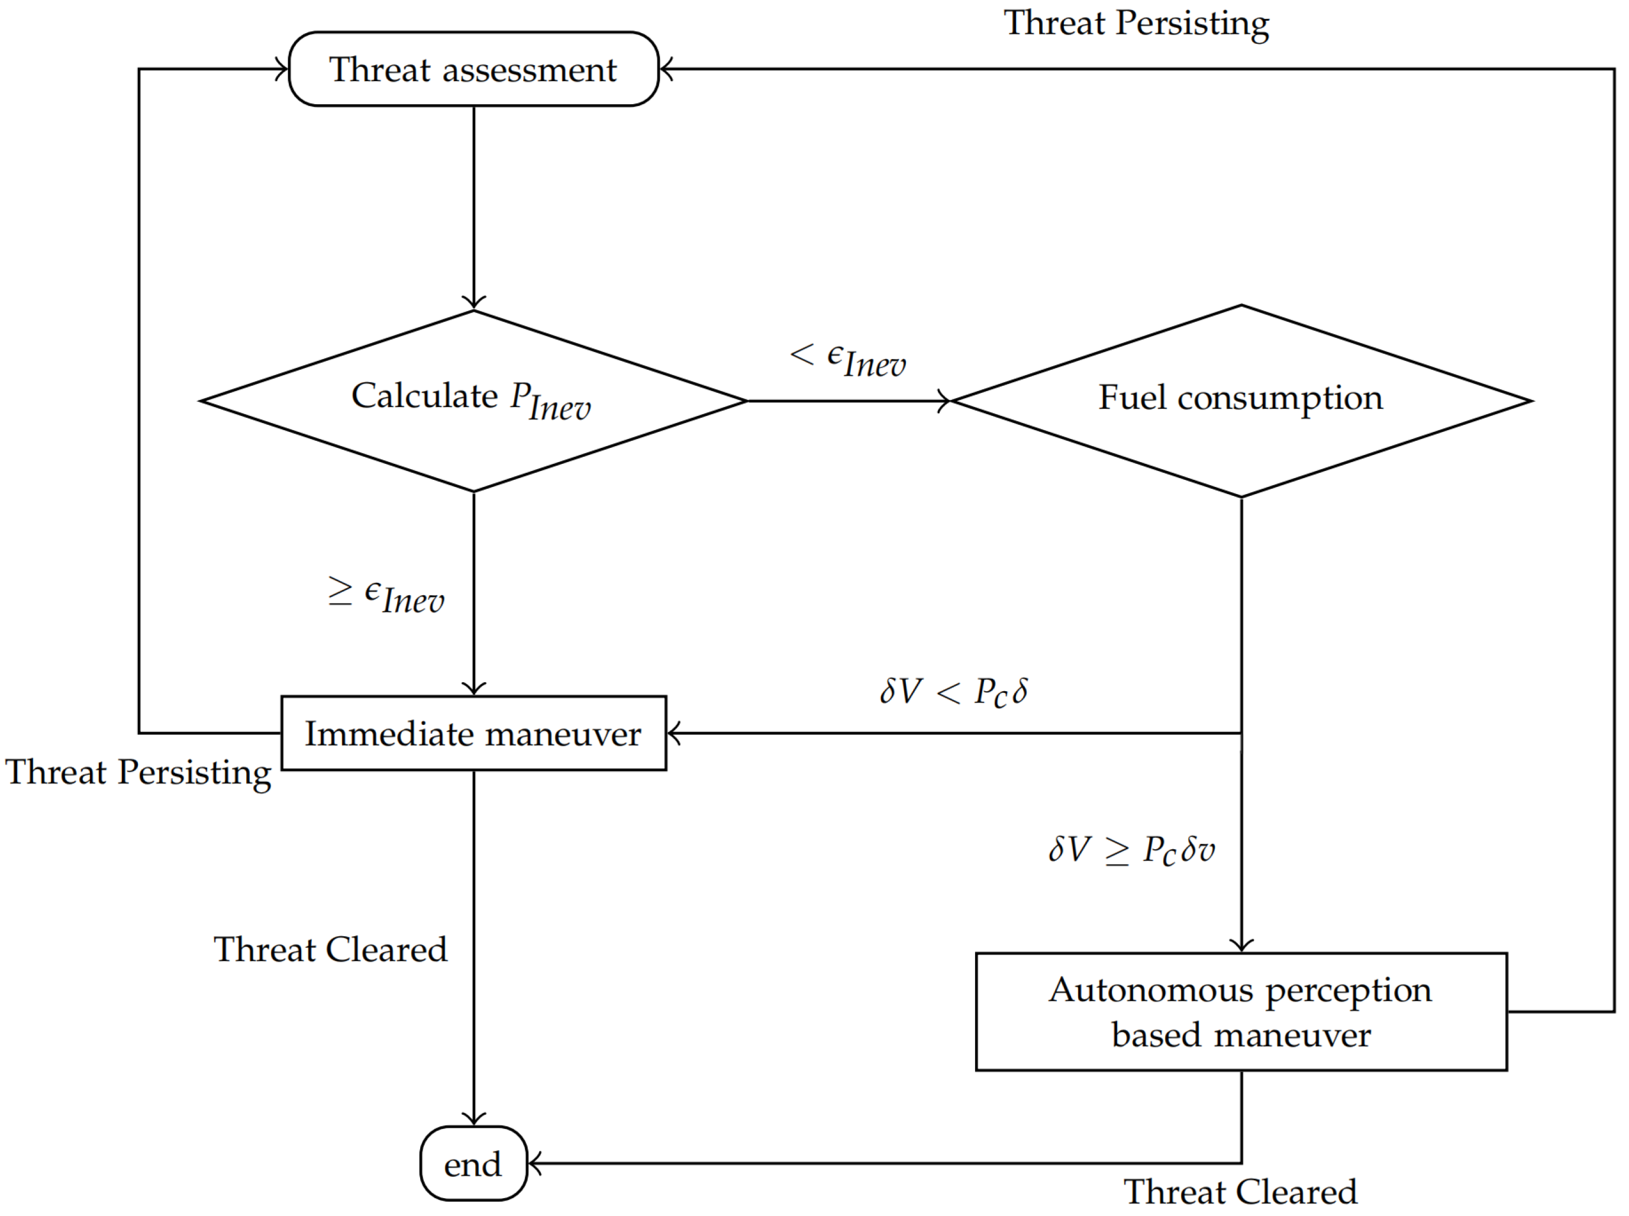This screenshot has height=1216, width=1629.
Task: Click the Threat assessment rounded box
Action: [x=473, y=69]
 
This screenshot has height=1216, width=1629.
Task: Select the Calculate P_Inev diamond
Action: [x=473, y=401]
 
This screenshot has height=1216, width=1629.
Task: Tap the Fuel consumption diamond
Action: [x=1240, y=401]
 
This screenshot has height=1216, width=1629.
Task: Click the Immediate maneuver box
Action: [x=473, y=733]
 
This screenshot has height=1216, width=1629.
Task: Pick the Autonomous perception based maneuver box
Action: [x=1240, y=1011]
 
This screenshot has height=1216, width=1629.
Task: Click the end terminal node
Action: [x=473, y=1165]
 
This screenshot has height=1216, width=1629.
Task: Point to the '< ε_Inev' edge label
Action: [x=847, y=359]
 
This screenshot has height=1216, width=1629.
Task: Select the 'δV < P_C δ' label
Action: [x=953, y=692]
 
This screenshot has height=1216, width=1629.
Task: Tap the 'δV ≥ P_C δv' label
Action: [x=1131, y=850]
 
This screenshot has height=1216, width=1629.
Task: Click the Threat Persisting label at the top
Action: [x=1136, y=24]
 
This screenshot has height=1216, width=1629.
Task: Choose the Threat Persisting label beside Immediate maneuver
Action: [x=138, y=773]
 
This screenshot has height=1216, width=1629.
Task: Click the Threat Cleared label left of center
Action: [x=330, y=950]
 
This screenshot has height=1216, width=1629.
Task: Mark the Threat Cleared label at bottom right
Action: [x=1240, y=1192]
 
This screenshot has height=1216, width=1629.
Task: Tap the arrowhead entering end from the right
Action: [x=534, y=1164]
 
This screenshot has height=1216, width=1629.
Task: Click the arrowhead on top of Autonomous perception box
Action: [x=1241, y=946]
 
